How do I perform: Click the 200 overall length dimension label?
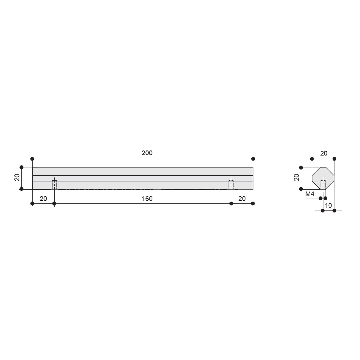click(x=147, y=153)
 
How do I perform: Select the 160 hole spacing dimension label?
click(x=147, y=199)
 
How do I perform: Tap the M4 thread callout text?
click(x=310, y=194)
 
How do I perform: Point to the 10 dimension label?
click(x=329, y=206)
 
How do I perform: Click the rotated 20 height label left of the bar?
click(x=17, y=177)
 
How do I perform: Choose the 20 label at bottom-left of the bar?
click(x=44, y=199)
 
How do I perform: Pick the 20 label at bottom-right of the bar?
click(x=242, y=199)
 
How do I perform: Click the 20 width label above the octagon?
click(x=324, y=153)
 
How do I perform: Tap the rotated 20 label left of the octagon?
click(x=297, y=177)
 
